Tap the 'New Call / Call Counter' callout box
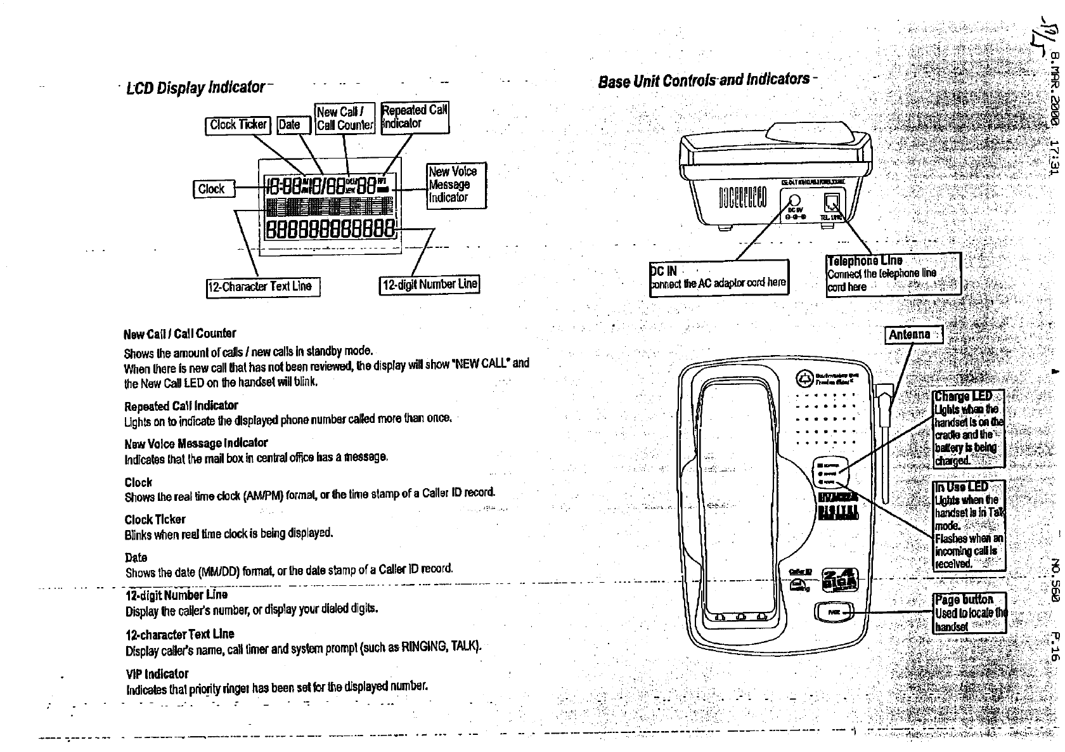point(345,119)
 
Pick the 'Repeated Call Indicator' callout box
point(415,117)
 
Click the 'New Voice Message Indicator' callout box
point(456,185)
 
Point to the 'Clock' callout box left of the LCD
point(214,189)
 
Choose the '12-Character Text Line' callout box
point(263,287)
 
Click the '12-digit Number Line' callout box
point(429,284)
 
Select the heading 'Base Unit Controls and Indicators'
point(704,80)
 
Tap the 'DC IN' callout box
point(719,278)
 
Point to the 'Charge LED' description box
point(969,428)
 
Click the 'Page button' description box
point(969,613)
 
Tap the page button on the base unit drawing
point(835,612)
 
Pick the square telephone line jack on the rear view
point(831,202)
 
